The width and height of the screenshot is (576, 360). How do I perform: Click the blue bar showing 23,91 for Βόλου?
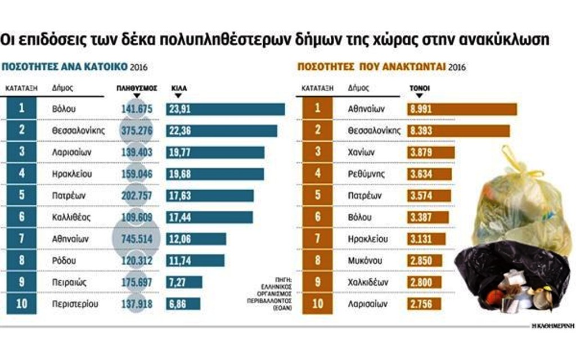[225, 109]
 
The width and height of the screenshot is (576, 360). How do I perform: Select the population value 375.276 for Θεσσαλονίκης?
[136, 130]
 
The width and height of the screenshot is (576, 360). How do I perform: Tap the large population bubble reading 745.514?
[136, 239]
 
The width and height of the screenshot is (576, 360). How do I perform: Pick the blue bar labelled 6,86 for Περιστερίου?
[183, 304]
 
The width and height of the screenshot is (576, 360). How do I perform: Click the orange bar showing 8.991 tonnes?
[462, 109]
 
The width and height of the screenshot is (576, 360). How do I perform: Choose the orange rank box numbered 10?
[317, 304]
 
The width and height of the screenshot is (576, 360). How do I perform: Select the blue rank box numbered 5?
[22, 196]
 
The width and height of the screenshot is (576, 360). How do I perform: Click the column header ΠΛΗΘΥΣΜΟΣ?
[136, 88]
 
